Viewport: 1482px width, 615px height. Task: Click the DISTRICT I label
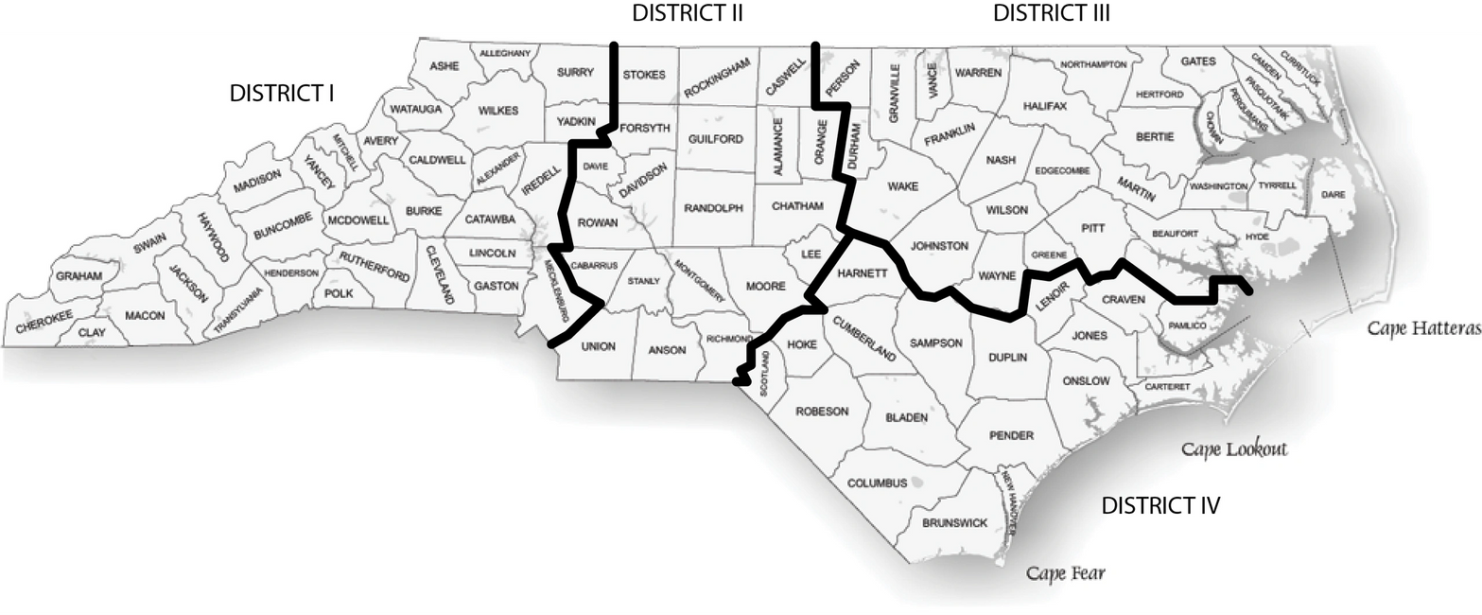[284, 94]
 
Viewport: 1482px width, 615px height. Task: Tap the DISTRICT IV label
[1160, 506]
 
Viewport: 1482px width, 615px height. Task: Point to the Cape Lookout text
[1234, 448]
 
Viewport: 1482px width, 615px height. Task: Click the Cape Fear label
[1066, 572]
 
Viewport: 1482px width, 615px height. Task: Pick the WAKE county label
[903, 186]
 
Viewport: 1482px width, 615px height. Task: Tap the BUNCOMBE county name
[283, 221]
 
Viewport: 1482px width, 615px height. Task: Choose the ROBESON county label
[822, 412]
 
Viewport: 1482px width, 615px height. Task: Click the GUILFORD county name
[715, 139]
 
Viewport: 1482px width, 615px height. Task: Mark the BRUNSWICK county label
[954, 522]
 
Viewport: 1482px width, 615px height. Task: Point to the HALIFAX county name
[1044, 106]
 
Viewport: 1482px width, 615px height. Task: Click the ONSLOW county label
[1086, 381]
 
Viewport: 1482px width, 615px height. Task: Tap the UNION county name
[598, 346]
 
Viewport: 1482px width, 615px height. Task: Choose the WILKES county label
[498, 111]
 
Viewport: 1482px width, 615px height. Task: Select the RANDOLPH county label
[713, 207]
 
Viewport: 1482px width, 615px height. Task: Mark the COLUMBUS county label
[877, 483]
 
